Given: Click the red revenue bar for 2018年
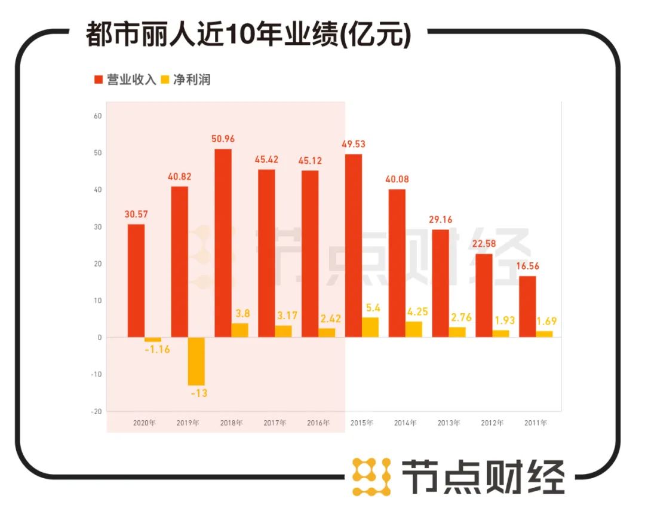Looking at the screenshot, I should click(223, 243).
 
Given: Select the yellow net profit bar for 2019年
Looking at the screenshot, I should click(196, 361).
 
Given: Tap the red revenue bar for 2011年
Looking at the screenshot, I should click(527, 307).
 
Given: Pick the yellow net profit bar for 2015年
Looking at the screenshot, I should click(370, 327).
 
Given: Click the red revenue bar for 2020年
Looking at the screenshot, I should click(136, 280).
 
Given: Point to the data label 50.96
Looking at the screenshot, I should click(223, 139).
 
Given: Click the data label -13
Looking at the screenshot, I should click(196, 393).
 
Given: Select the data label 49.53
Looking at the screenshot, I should click(354, 144).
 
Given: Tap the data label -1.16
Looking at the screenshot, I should click(157, 349).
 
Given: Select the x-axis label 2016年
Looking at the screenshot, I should click(318, 423).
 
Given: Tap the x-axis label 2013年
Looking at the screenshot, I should click(449, 423).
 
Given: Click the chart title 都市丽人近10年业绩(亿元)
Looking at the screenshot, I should click(248, 34).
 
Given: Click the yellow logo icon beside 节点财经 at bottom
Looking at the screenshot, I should click(371, 476).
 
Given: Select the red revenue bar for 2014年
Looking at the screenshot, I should click(397, 263).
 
